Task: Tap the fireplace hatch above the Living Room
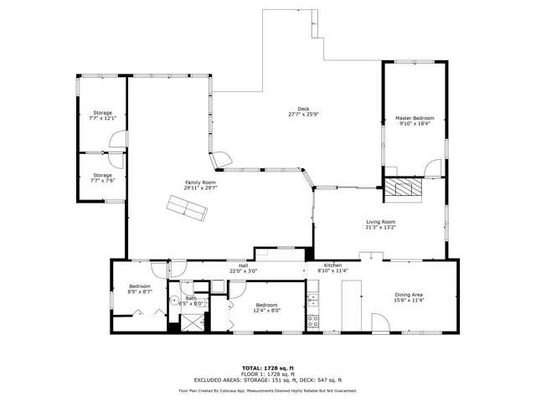(x=404, y=189)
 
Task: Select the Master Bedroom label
(x=415, y=118)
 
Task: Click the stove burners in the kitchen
(x=313, y=319)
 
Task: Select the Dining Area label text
(x=410, y=294)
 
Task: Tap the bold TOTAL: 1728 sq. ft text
(x=267, y=368)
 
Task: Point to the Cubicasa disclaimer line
(x=267, y=390)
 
